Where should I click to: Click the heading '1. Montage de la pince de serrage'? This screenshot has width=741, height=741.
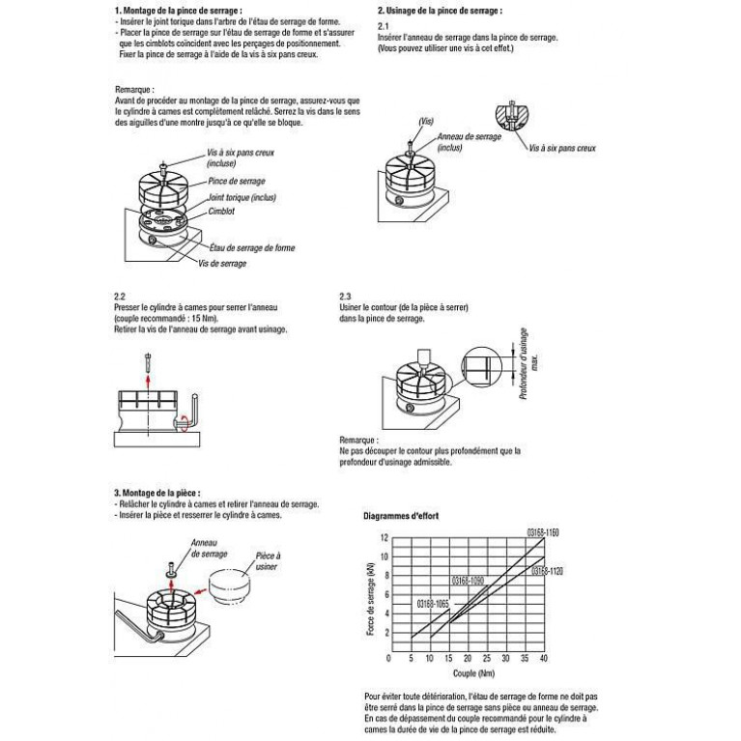click(x=178, y=11)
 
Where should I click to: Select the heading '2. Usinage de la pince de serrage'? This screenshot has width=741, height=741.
click(x=440, y=11)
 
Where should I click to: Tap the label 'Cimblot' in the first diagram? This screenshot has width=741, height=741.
click(x=221, y=212)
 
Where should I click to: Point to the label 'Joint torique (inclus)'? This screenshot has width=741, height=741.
click(x=242, y=197)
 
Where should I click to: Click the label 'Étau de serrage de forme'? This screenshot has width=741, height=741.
click(x=252, y=247)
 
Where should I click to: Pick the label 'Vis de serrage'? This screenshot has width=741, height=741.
click(x=222, y=263)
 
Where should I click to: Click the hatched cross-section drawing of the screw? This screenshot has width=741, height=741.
click(x=512, y=116)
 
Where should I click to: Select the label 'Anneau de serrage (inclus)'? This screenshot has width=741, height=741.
click(x=469, y=142)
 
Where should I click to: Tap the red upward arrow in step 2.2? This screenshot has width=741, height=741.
click(x=149, y=382)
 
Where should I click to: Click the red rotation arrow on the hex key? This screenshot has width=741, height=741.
click(x=185, y=422)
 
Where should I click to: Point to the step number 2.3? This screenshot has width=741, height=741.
click(x=345, y=297)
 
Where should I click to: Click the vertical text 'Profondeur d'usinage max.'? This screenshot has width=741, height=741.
click(x=528, y=364)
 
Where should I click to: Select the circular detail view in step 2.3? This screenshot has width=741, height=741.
click(x=482, y=367)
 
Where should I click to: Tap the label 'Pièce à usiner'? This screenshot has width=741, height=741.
click(x=268, y=561)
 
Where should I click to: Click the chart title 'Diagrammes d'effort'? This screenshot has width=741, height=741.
click(x=401, y=516)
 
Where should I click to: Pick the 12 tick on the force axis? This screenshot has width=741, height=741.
click(x=385, y=538)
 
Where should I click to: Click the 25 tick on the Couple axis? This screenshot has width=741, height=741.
click(x=487, y=658)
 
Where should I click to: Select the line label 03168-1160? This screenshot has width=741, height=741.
click(x=543, y=532)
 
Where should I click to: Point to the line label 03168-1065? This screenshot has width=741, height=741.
click(x=433, y=604)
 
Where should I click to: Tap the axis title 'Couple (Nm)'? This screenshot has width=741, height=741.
click(x=473, y=673)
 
